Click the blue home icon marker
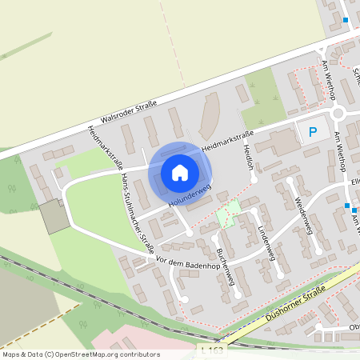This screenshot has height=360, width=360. [x=180, y=172]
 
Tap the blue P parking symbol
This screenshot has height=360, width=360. [x=313, y=130]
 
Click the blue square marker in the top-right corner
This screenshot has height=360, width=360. [x=346, y=20]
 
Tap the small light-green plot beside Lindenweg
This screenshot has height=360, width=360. [x=230, y=212]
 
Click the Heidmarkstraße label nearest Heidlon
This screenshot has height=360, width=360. [x=228, y=141]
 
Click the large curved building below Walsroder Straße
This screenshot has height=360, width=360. [x=209, y=114]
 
